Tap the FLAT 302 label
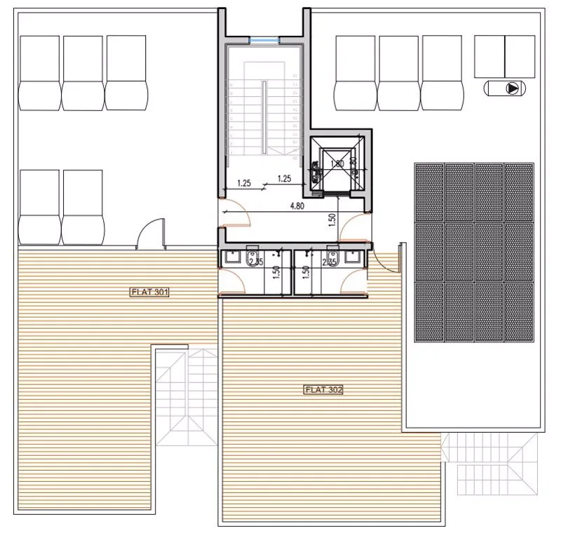click(x=323, y=389)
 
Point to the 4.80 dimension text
click(x=297, y=207)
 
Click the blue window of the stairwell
click(x=264, y=41)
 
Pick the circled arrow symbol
click(x=514, y=88)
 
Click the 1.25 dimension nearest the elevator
click(x=285, y=178)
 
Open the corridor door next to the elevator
click(x=354, y=223)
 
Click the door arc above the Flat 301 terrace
click(x=149, y=233)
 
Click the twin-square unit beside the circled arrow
click(x=504, y=55)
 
